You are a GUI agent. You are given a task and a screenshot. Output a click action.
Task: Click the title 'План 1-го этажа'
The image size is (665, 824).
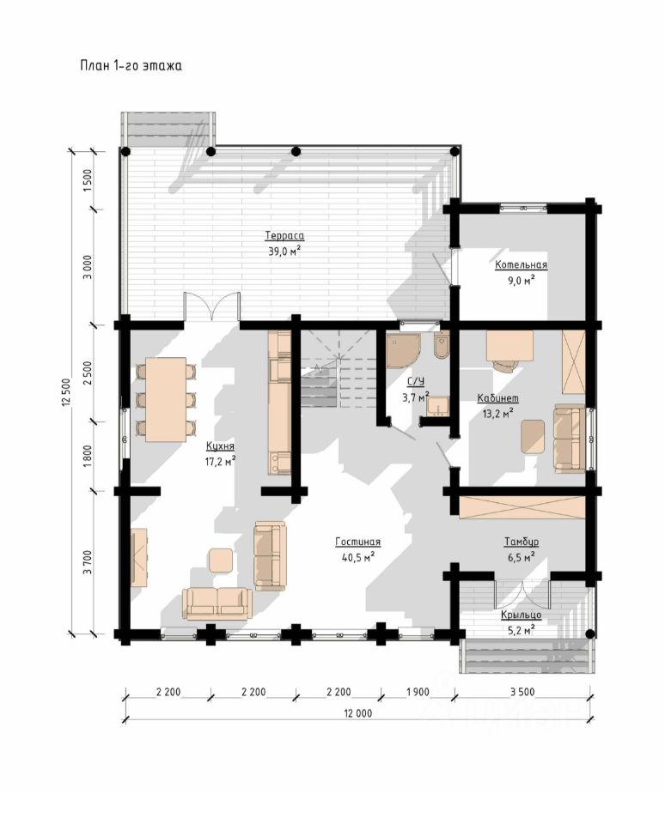pos(131,66)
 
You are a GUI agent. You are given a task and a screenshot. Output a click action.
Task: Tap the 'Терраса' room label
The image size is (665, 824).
pos(284,236)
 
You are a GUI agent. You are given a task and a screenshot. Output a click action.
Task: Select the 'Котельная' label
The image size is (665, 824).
pos(521,265)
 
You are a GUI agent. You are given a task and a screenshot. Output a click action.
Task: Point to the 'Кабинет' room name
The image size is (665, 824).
pos(497,397)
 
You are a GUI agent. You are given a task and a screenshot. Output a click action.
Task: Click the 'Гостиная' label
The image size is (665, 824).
pos(357,542)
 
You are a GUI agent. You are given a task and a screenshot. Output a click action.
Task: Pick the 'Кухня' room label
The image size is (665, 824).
pos(220,446)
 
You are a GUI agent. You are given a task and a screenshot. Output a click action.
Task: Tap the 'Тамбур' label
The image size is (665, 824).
pos(522,542)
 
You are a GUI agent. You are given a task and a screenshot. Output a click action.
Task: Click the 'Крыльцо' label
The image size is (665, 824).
pos(521,615)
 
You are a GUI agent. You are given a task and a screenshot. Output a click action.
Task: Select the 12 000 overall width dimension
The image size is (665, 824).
pos(357,713)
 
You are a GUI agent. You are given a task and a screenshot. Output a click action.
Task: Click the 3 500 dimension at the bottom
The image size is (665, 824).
pos(522,692)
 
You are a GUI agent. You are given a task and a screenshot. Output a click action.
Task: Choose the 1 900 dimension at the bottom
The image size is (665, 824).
pos(418,692)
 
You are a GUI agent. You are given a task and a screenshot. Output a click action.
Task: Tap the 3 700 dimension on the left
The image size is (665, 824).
pos(88,562)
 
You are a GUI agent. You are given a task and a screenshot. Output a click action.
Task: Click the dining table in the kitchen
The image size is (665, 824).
pos(166,399)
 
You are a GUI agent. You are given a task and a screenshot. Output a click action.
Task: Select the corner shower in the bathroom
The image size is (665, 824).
pos(402,351)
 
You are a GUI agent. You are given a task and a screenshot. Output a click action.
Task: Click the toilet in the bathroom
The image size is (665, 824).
pos(442,345)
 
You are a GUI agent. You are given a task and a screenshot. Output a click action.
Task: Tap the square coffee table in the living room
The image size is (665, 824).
pos(221,560)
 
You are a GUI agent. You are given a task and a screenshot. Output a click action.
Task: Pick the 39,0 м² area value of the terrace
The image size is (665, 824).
pos(284,251)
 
